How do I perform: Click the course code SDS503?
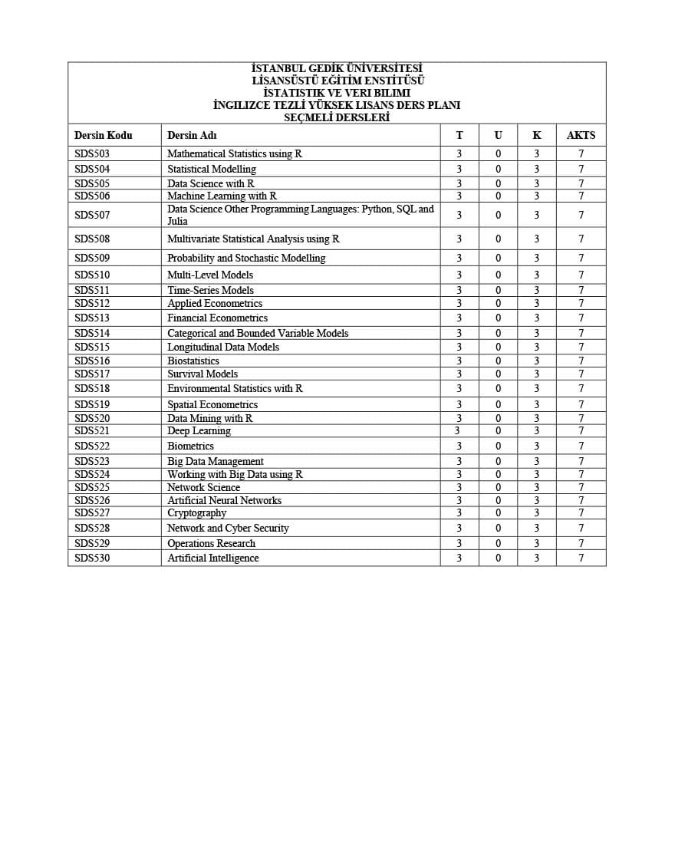pos(92,153)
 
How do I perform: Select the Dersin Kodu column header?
pos(103,135)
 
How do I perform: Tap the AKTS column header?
pos(581,135)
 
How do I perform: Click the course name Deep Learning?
pos(199,430)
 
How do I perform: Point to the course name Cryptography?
pos(197,512)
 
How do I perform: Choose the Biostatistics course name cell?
pos(193,361)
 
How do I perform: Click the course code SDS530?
pos(92,558)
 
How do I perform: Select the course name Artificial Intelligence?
pos(213,558)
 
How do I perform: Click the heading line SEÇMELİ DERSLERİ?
pos(337,117)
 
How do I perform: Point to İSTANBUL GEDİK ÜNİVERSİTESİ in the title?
pos(337,68)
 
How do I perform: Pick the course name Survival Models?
pos(202,374)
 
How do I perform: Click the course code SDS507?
pos(92,215)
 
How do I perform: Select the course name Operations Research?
pos(212,543)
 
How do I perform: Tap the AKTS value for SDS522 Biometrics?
pos(581,446)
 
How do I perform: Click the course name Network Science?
pos(203,487)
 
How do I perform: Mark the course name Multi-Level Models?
pos(210,275)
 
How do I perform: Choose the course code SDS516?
pos(92,361)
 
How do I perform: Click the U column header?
pos(498,135)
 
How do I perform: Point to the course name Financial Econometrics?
pos(218,318)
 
